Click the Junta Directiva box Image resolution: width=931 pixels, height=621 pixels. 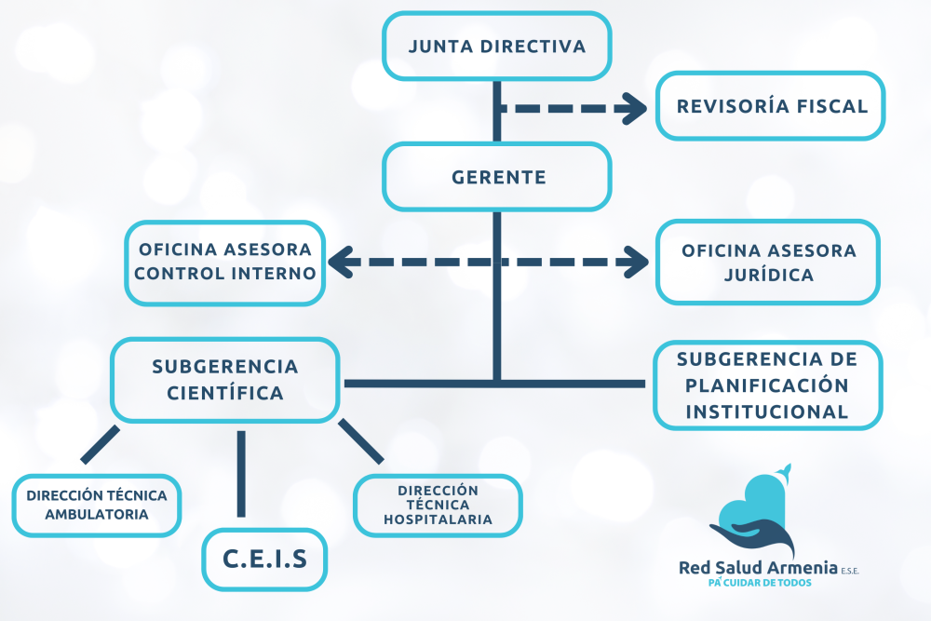point(497,46)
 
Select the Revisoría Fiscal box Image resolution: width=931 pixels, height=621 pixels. point(771,106)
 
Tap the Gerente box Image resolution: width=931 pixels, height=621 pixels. point(497,177)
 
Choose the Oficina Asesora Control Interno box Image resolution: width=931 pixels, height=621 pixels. point(226,263)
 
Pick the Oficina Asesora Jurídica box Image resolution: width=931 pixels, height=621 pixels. point(768,263)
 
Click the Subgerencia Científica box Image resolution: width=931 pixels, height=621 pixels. point(225,379)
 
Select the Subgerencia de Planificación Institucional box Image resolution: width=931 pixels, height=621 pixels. point(768,385)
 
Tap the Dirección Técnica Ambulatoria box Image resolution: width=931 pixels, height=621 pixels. point(97,505)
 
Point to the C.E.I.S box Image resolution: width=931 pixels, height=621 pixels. point(264,559)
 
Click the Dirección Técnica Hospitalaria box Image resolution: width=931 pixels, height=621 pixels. point(438,505)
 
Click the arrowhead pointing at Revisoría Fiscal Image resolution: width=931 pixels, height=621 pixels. point(637,108)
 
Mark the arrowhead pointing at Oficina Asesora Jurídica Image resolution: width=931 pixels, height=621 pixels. point(637,263)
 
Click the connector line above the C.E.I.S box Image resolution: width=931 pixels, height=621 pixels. point(241,473)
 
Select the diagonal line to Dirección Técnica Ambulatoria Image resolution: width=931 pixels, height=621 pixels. point(101,445)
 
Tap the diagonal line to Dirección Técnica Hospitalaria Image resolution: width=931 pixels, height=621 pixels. point(360,441)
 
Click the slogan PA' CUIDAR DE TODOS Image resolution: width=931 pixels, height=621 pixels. point(760,583)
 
